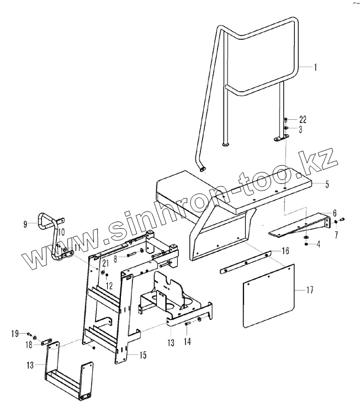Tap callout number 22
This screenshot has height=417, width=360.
click(x=303, y=120)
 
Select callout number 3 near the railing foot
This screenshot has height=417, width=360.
click(x=300, y=129)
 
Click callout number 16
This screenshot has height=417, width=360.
click(x=285, y=251)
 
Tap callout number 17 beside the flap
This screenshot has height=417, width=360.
click(x=309, y=289)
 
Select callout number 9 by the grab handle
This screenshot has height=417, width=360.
click(x=25, y=224)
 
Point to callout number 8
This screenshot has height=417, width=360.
click(x=116, y=257)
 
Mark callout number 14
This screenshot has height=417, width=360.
click(x=188, y=342)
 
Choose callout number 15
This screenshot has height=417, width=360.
click(x=143, y=355)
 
